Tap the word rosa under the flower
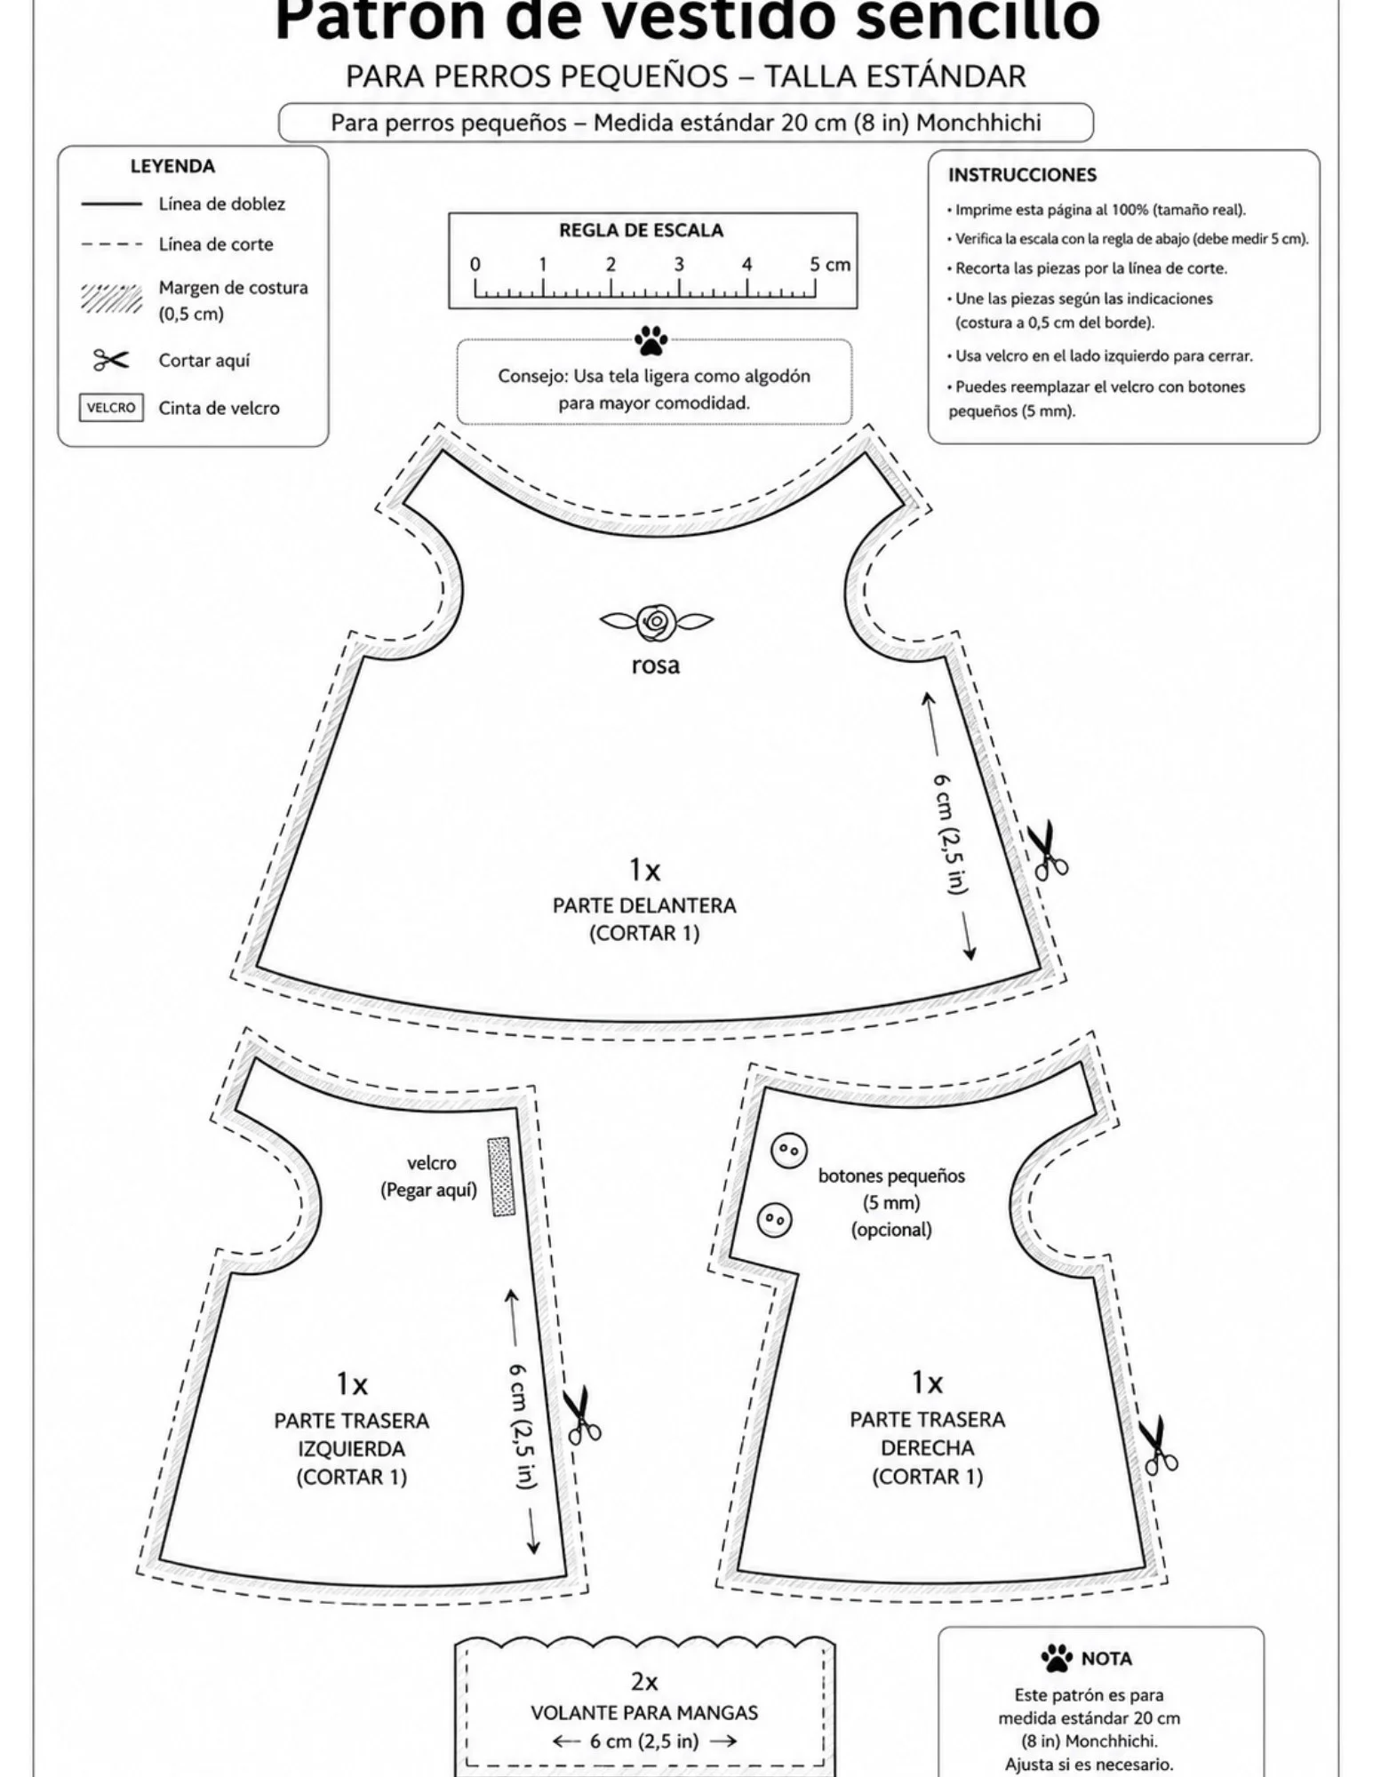[656, 665]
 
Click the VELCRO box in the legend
[111, 408]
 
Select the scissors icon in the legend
[111, 360]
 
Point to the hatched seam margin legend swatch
[111, 299]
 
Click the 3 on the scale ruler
[679, 265]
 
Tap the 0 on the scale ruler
[475, 265]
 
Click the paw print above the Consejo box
[651, 340]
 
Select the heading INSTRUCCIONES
[1022, 175]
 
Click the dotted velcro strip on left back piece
[501, 1176]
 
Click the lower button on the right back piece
[775, 1219]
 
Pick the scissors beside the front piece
[1048, 850]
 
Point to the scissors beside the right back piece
[1158, 1446]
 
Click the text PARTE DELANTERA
[644, 905]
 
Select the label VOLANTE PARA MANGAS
[644, 1712]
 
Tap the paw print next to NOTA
[1057, 1658]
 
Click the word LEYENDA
[172, 166]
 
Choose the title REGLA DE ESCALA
[641, 230]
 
